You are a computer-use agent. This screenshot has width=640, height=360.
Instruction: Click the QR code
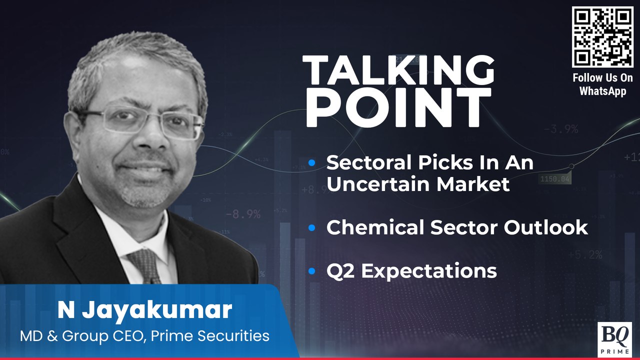click(x=602, y=37)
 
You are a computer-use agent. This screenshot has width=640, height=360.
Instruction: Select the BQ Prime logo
click(x=614, y=339)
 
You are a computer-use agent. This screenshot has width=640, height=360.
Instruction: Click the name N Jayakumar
click(x=144, y=310)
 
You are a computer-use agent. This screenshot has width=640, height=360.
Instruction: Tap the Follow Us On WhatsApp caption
click(x=602, y=84)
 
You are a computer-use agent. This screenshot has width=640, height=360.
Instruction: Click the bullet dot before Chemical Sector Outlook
click(x=312, y=228)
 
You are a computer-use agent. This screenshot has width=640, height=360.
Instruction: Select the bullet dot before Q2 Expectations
click(x=312, y=271)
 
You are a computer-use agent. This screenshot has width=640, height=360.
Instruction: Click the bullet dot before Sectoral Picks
click(x=312, y=162)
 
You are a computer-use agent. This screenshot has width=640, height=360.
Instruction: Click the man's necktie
click(x=144, y=265)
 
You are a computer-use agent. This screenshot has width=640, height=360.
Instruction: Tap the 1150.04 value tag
click(x=555, y=178)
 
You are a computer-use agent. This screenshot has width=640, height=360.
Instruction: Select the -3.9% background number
click(x=560, y=129)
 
